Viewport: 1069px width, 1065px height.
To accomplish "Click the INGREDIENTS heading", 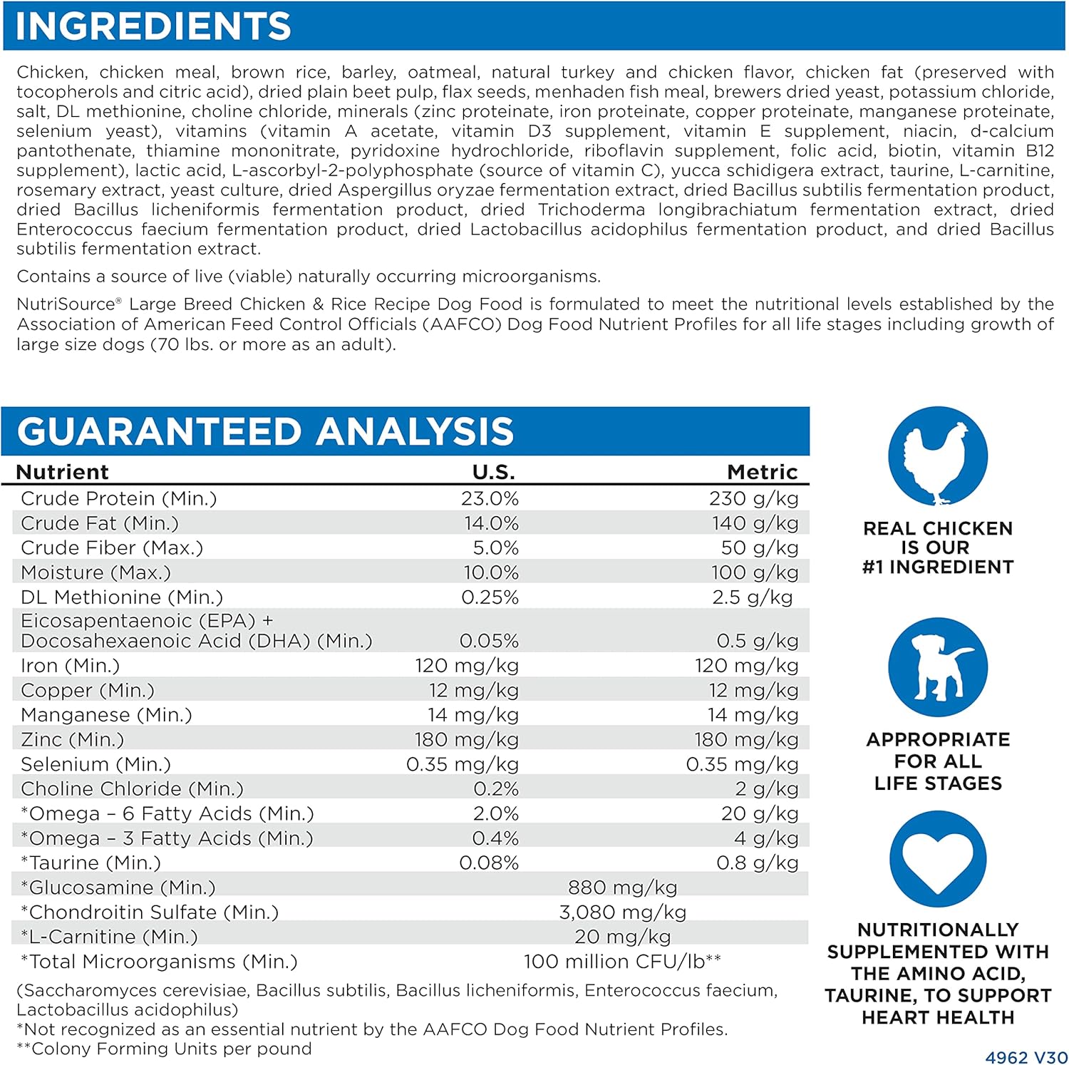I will pyautogui.click(x=153, y=26).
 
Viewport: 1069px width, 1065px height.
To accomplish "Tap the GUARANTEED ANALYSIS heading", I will pyautogui.click(x=265, y=431).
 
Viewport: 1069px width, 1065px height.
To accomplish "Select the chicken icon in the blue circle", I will pyautogui.click(x=937, y=456).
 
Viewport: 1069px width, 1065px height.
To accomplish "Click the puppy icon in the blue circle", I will pyautogui.click(x=937, y=667).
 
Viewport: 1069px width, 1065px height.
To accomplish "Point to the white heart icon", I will pyautogui.click(x=937, y=858).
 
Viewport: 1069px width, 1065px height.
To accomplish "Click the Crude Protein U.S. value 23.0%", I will pyautogui.click(x=490, y=498).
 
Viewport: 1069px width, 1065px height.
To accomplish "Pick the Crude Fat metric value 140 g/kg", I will pyautogui.click(x=755, y=523).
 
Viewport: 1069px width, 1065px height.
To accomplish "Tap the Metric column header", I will pyautogui.click(x=762, y=472).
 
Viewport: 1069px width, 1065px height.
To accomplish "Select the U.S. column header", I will pyautogui.click(x=493, y=472).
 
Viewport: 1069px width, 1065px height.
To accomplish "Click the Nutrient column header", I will pyautogui.click(x=62, y=472).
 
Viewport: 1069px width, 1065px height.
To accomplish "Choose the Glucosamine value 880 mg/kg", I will pyautogui.click(x=622, y=887).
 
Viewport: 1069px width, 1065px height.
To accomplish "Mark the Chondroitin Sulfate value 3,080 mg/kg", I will pyautogui.click(x=622, y=912).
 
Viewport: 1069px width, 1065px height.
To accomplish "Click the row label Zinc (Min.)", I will pyautogui.click(x=72, y=739).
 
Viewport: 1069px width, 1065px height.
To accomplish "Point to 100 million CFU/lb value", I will pyautogui.click(x=622, y=962).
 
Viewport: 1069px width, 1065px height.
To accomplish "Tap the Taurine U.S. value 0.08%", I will pyautogui.click(x=489, y=863).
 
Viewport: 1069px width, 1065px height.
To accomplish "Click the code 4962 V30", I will pyautogui.click(x=1026, y=1057).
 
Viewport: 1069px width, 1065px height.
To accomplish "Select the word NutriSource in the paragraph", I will pyautogui.click(x=66, y=304).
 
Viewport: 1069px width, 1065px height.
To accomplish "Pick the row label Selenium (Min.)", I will pyautogui.click(x=95, y=764).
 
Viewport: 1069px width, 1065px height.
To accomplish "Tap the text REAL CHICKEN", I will pyautogui.click(x=937, y=528).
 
